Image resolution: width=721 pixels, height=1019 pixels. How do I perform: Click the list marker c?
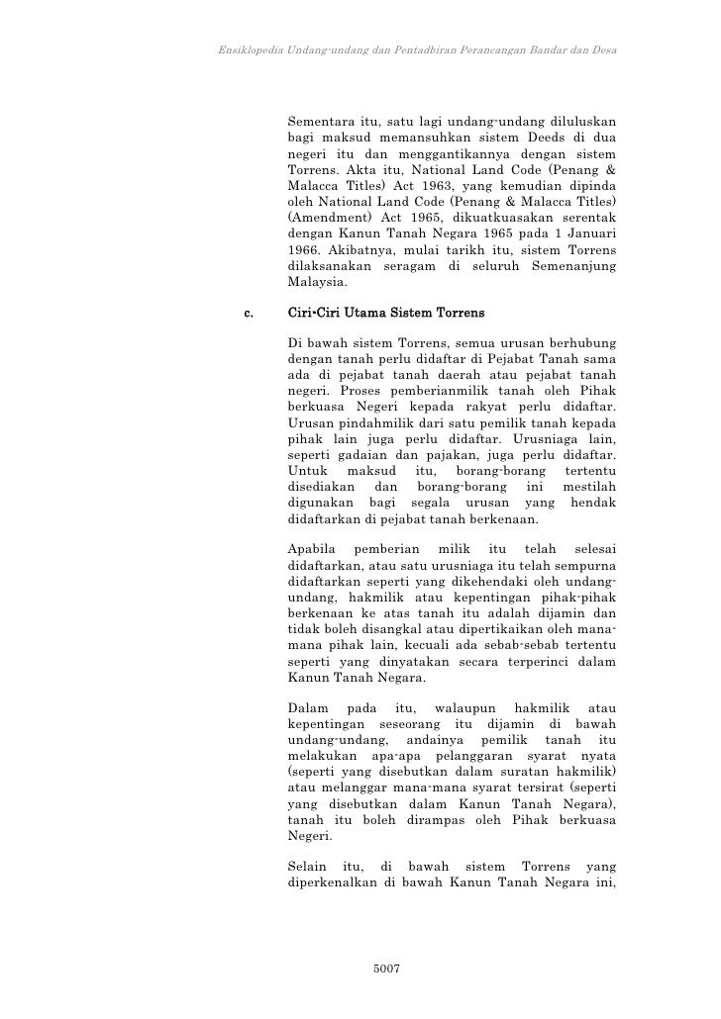[248, 315]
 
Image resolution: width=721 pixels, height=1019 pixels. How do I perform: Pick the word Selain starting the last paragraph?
[308, 868]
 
